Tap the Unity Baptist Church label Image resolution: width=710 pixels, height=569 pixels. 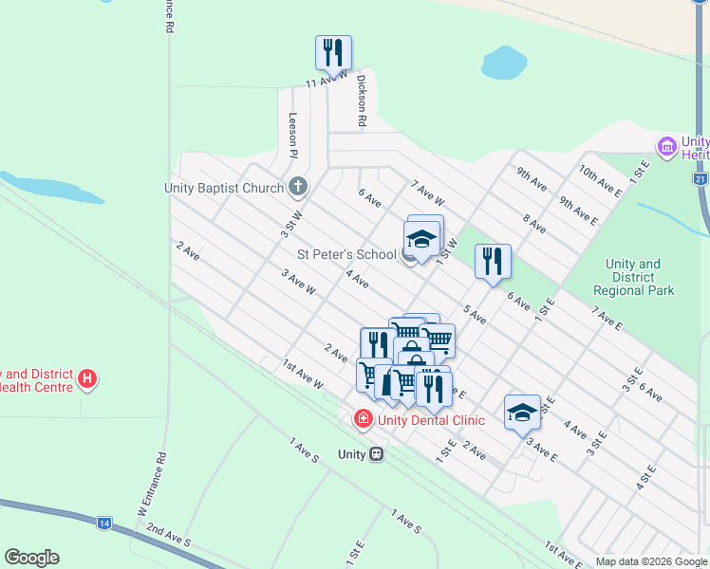tap(224, 188)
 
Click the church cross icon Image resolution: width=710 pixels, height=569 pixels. tap(298, 187)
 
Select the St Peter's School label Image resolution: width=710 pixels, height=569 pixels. tap(346, 254)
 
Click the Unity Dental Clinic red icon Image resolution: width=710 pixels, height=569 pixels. tap(362, 418)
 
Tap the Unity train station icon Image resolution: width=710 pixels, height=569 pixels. tap(376, 454)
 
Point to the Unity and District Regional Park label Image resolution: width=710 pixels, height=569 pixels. tap(633, 277)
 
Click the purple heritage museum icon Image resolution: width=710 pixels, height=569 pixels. tap(666, 147)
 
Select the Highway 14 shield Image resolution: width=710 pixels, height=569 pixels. tap(104, 523)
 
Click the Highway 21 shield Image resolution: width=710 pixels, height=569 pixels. tap(700, 178)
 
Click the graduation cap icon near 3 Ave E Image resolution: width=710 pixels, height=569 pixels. tap(522, 411)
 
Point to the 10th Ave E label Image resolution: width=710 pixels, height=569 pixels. tap(601, 184)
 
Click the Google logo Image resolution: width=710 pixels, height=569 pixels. tap(31, 558)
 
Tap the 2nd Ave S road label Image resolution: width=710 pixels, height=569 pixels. tap(169, 536)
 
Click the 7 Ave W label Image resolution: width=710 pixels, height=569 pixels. tap(428, 193)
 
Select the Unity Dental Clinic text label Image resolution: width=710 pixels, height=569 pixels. tap(431, 420)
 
